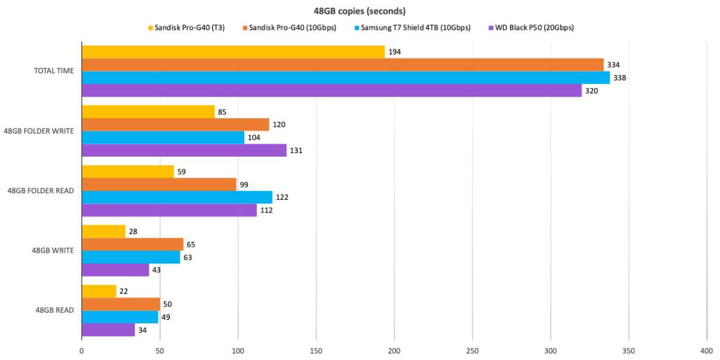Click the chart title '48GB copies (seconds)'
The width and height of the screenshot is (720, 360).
coord(360,10)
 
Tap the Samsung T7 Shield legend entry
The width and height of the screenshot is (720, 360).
coord(415,28)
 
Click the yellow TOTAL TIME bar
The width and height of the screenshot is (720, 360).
coord(233,52)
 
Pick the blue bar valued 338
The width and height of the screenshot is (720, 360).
coord(345,78)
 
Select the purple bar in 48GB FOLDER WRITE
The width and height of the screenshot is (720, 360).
coord(184,151)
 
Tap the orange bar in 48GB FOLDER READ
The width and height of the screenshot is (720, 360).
coord(158,185)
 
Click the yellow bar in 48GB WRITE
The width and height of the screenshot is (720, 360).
coord(103,232)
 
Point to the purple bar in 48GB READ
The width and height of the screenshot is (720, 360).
coord(108,330)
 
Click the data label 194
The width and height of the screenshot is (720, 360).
coord(394,52)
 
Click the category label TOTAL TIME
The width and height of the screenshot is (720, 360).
coord(54,71)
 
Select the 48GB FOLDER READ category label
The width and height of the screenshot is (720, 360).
coord(41,191)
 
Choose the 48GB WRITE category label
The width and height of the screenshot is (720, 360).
coord(54,251)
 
